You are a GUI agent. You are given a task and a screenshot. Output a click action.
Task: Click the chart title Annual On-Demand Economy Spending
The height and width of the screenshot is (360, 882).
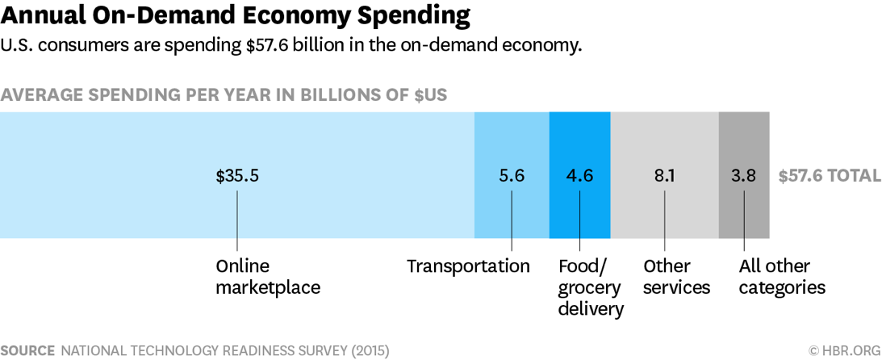point(235,15)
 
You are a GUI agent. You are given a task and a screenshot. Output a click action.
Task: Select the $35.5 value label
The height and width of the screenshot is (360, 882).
point(237,175)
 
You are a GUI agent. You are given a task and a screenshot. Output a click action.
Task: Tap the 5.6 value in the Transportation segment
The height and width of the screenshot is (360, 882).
point(512,175)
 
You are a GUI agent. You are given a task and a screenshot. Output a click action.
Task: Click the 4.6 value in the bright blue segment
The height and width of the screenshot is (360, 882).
point(580,175)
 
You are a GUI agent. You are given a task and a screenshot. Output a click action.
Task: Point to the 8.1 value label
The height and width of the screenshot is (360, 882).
point(665,175)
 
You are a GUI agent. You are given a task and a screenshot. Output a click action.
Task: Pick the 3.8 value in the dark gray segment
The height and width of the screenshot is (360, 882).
point(743,175)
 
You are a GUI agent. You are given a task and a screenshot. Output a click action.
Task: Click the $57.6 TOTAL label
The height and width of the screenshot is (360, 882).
point(830,175)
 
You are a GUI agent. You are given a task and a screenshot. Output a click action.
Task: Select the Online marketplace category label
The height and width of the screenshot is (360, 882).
point(268,277)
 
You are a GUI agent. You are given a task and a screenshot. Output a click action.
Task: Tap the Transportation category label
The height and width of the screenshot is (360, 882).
point(468,266)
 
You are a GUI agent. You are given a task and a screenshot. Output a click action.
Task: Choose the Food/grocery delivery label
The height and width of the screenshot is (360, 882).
point(590,287)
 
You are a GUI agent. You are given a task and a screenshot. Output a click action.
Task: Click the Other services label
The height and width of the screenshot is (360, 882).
point(676,277)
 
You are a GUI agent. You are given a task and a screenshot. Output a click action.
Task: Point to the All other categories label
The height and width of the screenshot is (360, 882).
point(782,277)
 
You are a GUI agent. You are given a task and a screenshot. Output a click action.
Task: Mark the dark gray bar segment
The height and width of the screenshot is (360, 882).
point(743,137)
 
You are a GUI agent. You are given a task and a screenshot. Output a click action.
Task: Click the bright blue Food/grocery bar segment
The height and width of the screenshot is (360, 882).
point(580,137)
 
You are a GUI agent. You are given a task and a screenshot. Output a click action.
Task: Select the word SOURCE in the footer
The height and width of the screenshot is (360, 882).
point(27,351)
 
